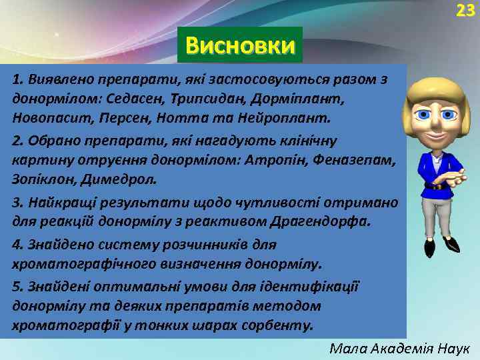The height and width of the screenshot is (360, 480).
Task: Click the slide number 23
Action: coord(465,10)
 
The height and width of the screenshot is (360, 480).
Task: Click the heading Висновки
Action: coord(240,45)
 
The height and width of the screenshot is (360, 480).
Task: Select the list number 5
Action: coord(16,286)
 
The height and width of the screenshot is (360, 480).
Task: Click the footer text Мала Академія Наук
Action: coord(400,348)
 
